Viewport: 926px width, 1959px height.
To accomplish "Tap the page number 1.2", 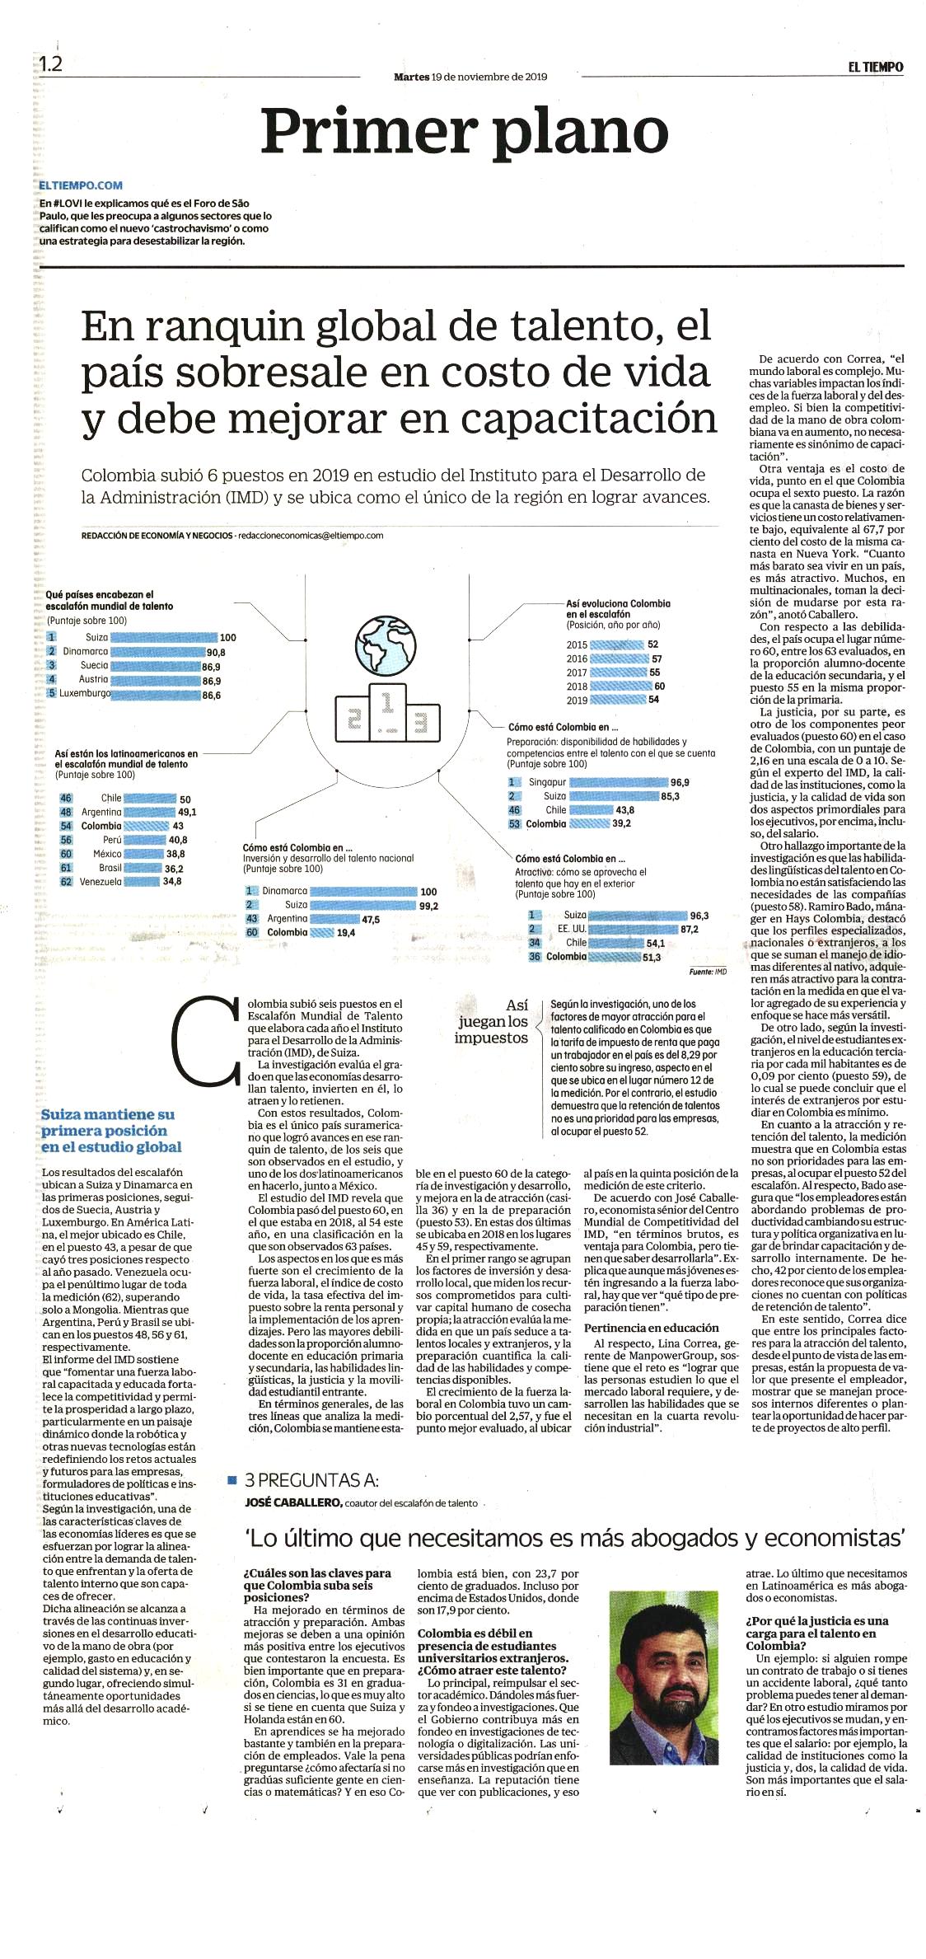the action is (x=50, y=63).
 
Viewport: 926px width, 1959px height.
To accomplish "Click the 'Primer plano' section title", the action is (x=464, y=132).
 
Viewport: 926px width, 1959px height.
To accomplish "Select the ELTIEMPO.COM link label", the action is (x=81, y=186).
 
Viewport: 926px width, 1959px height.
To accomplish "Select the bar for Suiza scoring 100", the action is (x=163, y=637).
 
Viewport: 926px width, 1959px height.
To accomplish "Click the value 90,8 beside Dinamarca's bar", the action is (x=216, y=652).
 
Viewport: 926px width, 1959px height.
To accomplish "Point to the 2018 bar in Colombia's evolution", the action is (x=622, y=686).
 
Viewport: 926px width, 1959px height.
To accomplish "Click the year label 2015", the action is (x=577, y=644).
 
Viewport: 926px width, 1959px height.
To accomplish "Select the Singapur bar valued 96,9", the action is (x=618, y=782).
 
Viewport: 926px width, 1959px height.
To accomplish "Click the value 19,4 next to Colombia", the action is (x=345, y=932).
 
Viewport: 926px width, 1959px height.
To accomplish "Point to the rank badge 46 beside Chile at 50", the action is (x=66, y=798).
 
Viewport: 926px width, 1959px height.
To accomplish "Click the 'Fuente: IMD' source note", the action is (x=708, y=972).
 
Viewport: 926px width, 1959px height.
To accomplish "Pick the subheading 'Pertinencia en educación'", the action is (x=651, y=1328).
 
